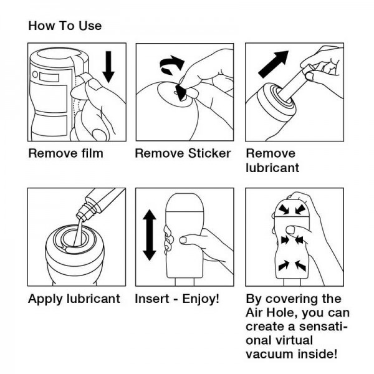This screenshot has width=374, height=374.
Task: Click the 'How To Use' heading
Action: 65,26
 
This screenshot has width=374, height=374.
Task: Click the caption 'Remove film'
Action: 66,153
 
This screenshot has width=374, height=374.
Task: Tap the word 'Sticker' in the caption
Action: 209,153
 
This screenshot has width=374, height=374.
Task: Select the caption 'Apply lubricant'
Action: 74,299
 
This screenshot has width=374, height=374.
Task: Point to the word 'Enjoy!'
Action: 201,299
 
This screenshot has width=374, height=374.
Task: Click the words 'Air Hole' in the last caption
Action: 271,313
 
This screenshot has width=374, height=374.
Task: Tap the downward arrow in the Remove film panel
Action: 108,67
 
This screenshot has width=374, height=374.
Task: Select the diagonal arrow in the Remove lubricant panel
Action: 273,64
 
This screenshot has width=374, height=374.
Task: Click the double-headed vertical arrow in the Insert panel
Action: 150,235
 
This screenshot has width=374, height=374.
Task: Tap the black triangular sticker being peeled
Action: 181,92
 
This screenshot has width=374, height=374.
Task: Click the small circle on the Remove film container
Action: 35,74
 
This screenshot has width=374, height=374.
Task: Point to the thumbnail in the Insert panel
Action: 183,240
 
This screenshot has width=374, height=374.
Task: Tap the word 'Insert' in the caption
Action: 152,299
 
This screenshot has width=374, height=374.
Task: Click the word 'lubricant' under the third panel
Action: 272,168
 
